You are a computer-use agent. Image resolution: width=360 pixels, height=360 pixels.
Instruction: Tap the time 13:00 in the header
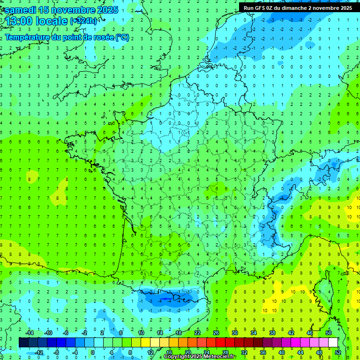tap(19, 22)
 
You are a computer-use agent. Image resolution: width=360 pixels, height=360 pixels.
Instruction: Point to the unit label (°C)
tap(122, 37)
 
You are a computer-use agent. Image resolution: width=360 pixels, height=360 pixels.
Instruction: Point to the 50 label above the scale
tap(329, 333)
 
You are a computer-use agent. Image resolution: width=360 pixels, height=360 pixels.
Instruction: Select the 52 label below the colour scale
tap(338, 352)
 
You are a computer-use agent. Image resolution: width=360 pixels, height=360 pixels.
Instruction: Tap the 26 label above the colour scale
tap(216, 333)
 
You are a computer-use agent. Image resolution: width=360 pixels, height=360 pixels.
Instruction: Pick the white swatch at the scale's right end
tap(333, 342)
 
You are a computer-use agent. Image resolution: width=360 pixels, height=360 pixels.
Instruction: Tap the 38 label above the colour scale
tap(272, 333)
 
